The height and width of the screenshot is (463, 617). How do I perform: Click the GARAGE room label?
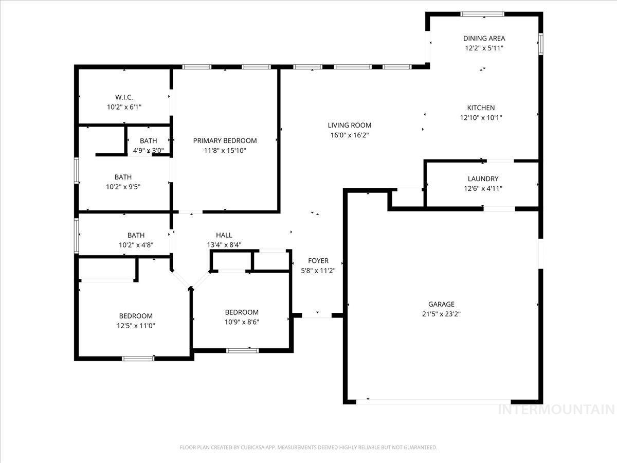click(441, 304)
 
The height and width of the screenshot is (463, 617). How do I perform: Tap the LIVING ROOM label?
click(350, 125)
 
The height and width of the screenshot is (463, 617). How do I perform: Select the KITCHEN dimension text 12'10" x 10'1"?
click(481, 117)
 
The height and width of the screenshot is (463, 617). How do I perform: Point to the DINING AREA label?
click(484, 38)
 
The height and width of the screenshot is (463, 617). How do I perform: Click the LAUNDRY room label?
click(483, 179)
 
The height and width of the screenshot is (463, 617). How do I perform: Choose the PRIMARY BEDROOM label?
click(225, 140)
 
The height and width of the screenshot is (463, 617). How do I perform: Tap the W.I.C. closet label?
click(124, 97)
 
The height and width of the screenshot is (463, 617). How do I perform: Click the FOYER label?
click(318, 261)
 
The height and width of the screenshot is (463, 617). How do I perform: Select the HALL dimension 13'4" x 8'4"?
click(224, 245)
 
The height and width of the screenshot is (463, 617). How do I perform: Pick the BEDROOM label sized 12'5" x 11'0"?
click(136, 316)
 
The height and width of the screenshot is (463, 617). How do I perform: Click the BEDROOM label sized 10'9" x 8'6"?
click(242, 312)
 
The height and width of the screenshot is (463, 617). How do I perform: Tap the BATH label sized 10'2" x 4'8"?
click(136, 235)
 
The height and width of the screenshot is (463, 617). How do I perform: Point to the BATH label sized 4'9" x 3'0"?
click(148, 141)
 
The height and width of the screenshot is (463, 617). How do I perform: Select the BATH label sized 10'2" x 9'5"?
click(123, 177)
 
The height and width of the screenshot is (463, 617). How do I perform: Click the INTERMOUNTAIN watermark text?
click(556, 409)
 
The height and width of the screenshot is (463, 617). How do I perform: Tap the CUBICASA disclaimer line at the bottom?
click(308, 448)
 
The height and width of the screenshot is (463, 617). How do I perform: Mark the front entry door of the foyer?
click(317, 315)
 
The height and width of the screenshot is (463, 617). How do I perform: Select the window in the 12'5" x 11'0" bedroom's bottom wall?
click(138, 358)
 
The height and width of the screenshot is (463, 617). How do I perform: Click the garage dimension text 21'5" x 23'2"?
click(441, 314)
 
